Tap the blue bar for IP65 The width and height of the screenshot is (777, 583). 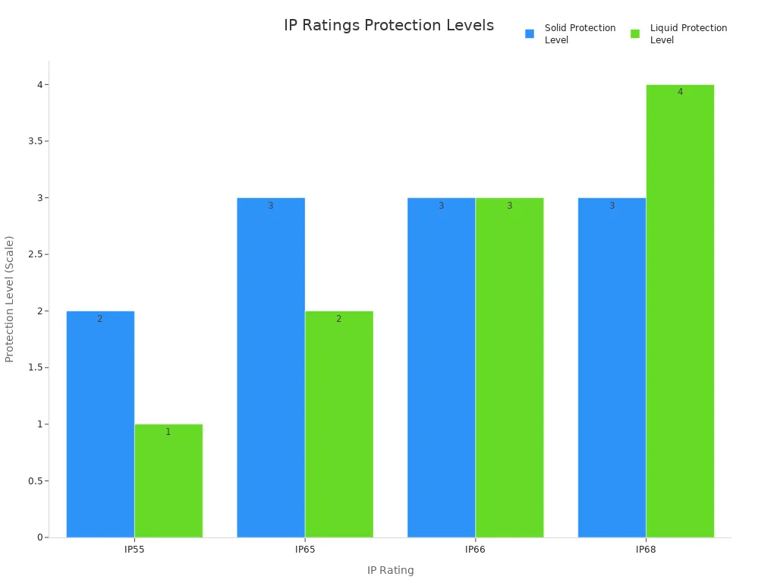(x=271, y=367)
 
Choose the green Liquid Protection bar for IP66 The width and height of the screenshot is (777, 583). (x=510, y=367)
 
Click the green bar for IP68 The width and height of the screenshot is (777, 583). (x=680, y=311)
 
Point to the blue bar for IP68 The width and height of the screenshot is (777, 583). (x=612, y=367)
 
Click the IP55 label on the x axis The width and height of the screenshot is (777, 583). (x=134, y=549)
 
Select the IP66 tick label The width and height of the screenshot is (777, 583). (x=475, y=549)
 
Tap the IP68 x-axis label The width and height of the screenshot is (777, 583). (x=646, y=549)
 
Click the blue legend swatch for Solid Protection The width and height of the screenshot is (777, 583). (x=530, y=33)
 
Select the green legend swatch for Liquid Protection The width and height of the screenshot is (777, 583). (x=635, y=33)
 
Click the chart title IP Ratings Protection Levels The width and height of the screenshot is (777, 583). (x=388, y=26)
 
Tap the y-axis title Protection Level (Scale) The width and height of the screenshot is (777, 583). (x=10, y=299)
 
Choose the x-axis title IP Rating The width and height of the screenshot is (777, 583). (x=390, y=570)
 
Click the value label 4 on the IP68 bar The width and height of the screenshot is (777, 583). (x=680, y=92)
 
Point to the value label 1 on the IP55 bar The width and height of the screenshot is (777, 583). (x=168, y=432)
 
